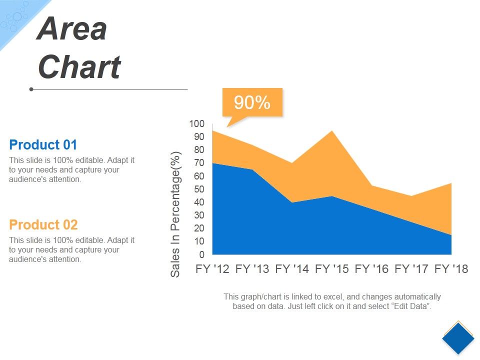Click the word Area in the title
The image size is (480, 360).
tap(72, 29)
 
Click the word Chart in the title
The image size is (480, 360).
tap(79, 67)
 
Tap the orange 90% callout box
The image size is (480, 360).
tap(252, 102)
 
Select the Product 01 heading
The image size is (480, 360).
tap(43, 145)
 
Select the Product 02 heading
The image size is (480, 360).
tap(43, 224)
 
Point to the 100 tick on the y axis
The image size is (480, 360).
tap(196, 123)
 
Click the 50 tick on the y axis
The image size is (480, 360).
tap(198, 189)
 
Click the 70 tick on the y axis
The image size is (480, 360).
tap(198, 163)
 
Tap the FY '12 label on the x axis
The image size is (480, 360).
tap(212, 269)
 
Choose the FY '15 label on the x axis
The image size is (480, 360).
tap(332, 269)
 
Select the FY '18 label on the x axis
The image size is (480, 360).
tap(451, 269)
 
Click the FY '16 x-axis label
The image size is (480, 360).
tap(371, 269)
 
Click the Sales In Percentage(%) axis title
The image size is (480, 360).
tap(175, 214)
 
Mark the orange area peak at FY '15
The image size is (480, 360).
tap(331, 131)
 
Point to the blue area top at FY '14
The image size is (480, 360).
tap(292, 202)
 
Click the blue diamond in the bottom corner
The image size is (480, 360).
tap(458, 338)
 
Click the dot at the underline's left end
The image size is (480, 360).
tap(31, 89)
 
